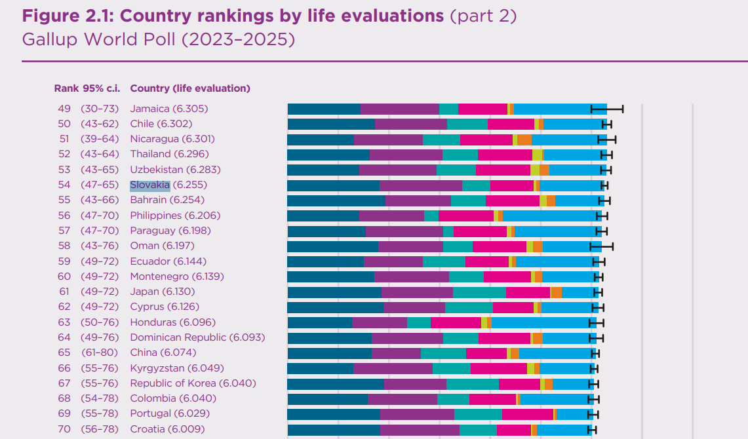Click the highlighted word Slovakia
149,185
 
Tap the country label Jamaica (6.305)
169,109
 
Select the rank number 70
64,429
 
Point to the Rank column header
66,88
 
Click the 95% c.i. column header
101,88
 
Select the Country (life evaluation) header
190,88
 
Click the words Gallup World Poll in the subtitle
99,39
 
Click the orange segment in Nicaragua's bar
524,140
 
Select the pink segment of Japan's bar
528,292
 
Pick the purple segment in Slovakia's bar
421,185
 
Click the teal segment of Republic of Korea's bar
472,384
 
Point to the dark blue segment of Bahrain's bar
336,200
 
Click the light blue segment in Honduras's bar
544,322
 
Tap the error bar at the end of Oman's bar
601,246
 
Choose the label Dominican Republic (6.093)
197,337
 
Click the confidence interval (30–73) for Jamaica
100,109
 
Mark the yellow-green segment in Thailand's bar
537,155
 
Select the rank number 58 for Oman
64,246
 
